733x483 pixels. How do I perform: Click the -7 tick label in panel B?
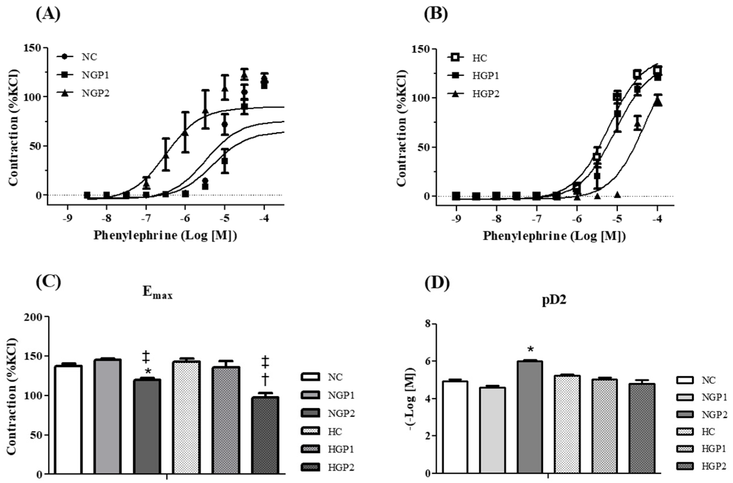tap(536, 220)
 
